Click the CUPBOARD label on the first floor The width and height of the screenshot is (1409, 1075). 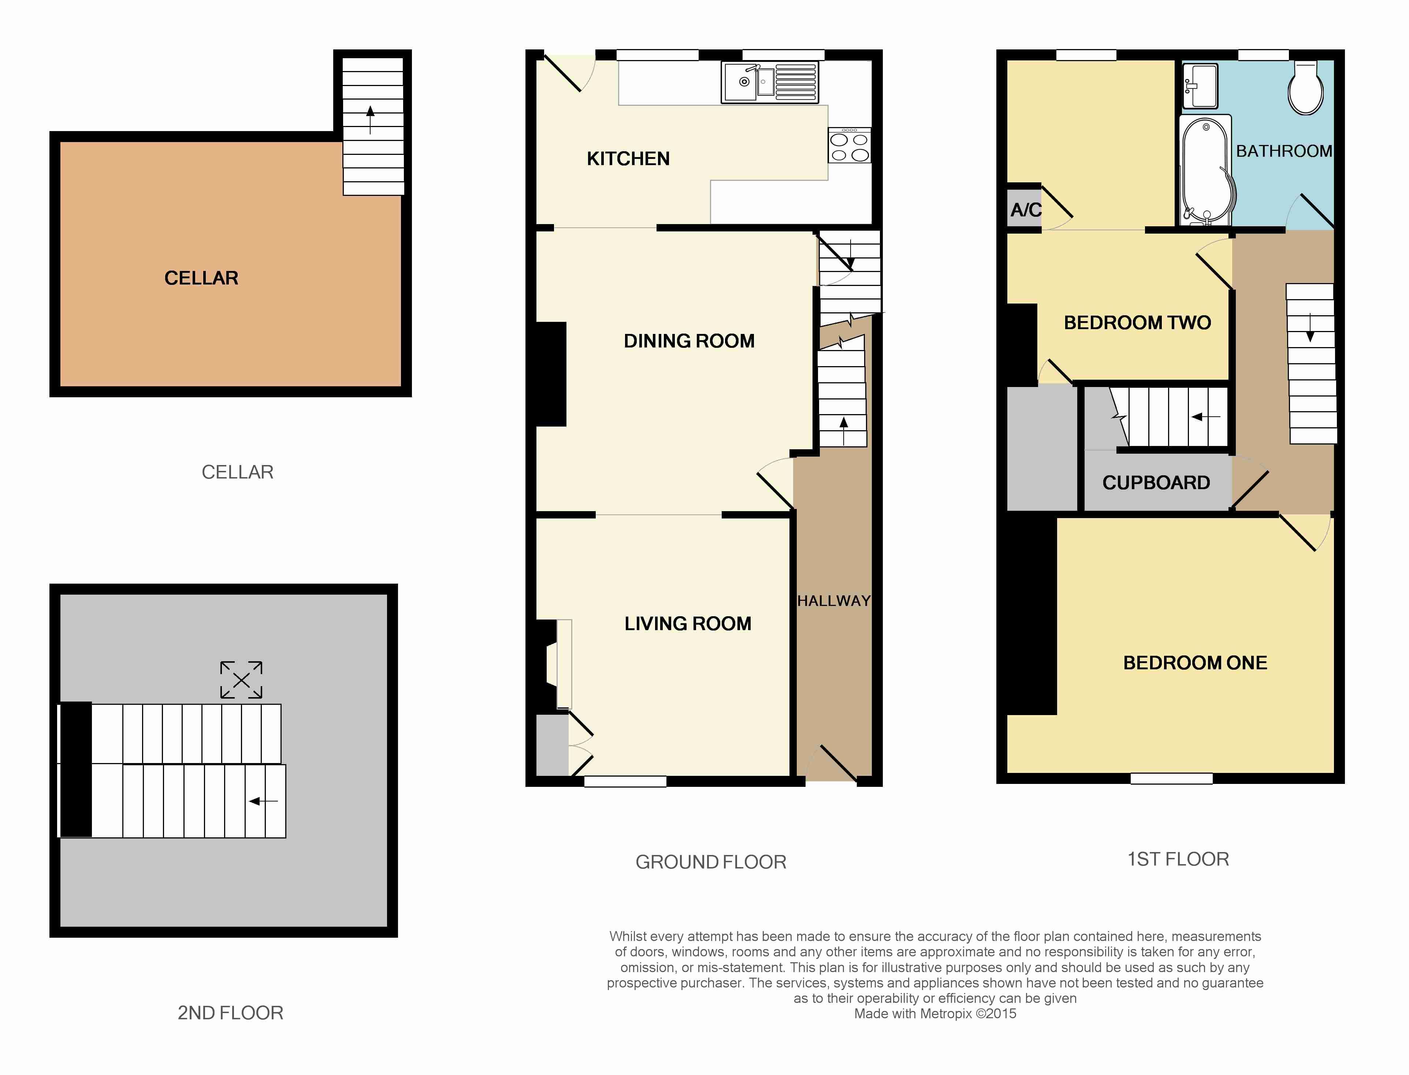click(x=1156, y=483)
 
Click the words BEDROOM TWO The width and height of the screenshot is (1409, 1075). click(x=1137, y=323)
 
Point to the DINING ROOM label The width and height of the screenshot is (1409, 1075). click(x=689, y=341)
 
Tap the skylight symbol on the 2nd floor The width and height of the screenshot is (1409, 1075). click(x=241, y=680)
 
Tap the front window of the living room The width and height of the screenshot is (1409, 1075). click(x=625, y=781)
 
